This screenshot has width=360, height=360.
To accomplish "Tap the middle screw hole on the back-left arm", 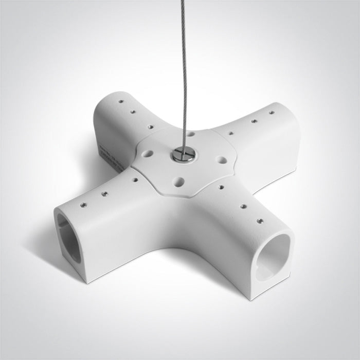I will [x=133, y=112].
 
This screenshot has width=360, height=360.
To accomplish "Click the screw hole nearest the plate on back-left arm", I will [x=150, y=125].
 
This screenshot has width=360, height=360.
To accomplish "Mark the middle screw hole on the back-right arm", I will [x=254, y=121].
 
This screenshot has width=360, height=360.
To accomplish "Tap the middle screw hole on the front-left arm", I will [x=104, y=194].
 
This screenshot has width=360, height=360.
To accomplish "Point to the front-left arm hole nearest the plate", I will [x=134, y=180].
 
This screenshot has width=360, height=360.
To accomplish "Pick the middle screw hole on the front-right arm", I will [x=243, y=207].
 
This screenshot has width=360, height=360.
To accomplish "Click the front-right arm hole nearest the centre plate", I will [x=221, y=187].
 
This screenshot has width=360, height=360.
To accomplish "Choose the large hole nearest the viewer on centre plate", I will [x=179, y=181].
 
